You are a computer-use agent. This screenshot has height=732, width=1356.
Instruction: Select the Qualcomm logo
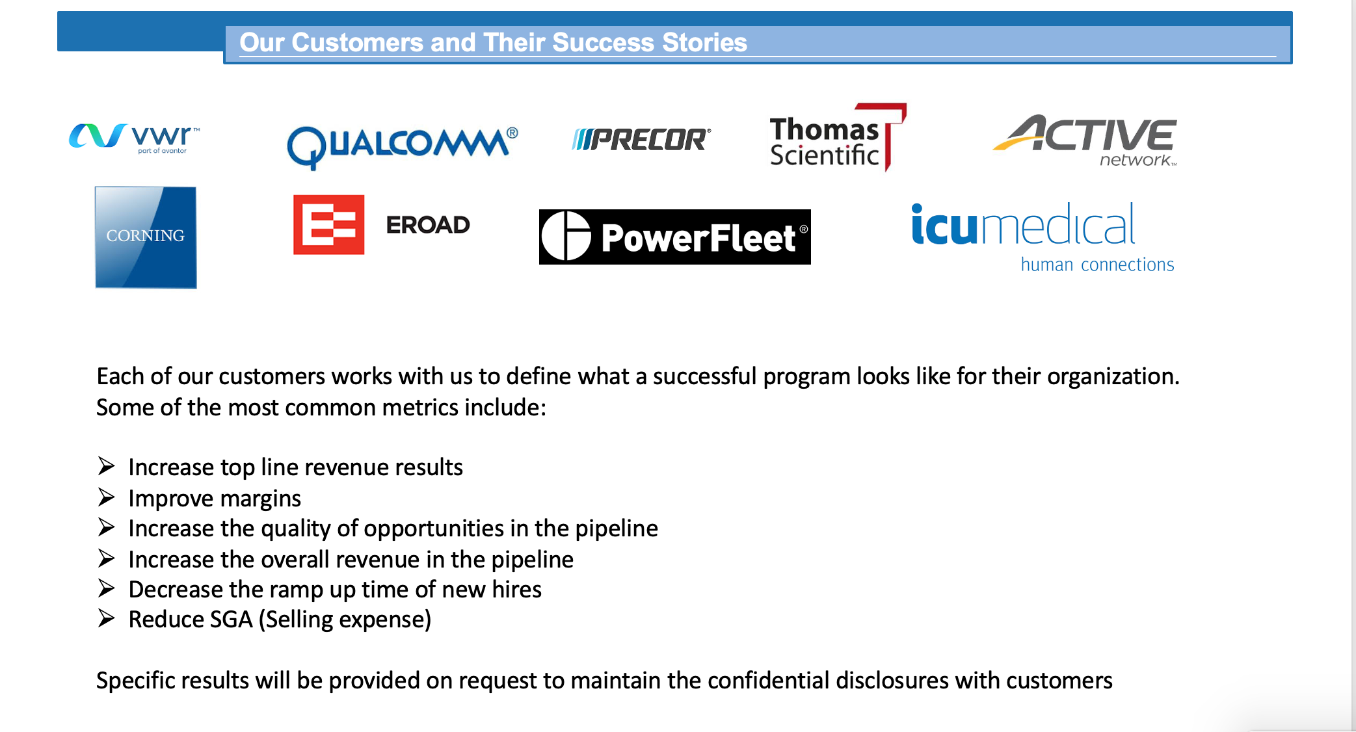pos(403,147)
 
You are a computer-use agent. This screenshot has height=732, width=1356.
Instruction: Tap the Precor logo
pos(641,139)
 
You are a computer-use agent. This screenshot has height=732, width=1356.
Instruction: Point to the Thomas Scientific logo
pos(838,137)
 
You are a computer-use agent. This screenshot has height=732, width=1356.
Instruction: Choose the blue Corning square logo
pos(146,237)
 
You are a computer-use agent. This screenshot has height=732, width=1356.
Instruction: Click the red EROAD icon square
pos(328,224)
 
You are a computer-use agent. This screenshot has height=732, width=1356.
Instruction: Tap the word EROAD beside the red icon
pos(428,225)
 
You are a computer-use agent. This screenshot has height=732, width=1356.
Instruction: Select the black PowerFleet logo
pos(675,237)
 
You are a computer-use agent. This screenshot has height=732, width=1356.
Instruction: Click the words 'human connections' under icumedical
pos(1097,265)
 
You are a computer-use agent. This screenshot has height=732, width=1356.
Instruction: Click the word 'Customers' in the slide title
pos(358,42)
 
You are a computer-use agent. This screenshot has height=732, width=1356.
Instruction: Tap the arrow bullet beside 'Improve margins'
pos(107,497)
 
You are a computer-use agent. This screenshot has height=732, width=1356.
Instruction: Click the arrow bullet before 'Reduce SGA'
pos(107,618)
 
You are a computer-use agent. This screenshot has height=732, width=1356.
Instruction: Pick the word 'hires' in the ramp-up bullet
pos(516,590)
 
